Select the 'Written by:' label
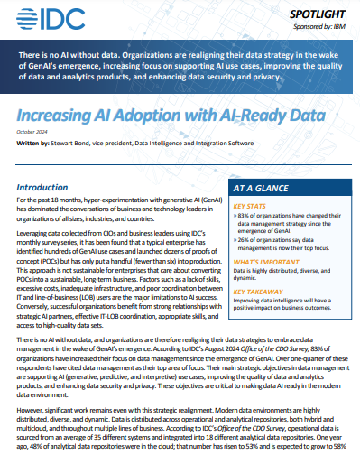(33, 143)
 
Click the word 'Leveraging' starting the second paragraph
(36, 233)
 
